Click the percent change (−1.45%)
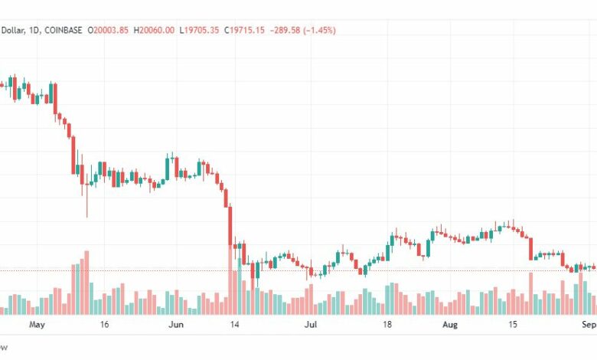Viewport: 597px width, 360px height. (315, 30)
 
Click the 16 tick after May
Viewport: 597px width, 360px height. (104, 324)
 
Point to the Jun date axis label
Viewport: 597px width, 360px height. (175, 324)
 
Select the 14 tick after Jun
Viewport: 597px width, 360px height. (237, 324)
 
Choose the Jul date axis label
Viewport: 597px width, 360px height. (311, 324)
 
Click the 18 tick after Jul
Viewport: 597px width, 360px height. (387, 324)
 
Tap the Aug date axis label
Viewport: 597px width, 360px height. (450, 324)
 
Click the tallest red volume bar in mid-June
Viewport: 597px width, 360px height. (232, 283)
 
